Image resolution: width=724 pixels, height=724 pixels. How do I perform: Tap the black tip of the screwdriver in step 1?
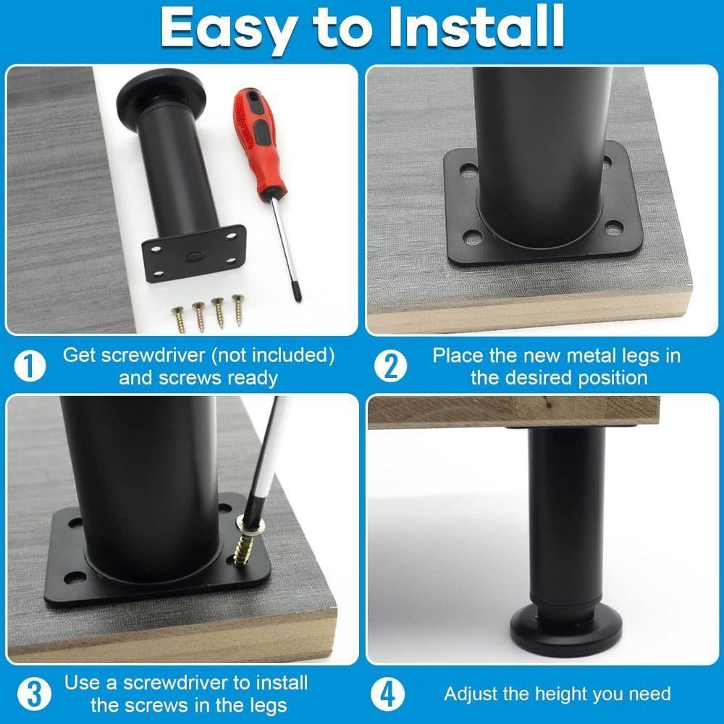click(x=298, y=295)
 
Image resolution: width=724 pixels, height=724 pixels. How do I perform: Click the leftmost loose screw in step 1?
click(x=178, y=319)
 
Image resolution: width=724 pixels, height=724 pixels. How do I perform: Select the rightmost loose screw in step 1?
click(x=237, y=310)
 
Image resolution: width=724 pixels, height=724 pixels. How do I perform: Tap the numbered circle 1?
click(x=30, y=366)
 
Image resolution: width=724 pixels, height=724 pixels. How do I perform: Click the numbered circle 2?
click(x=391, y=366)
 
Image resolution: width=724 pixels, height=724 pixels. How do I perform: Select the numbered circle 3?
click(x=34, y=694)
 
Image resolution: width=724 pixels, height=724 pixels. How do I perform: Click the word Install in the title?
click(x=476, y=27)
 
